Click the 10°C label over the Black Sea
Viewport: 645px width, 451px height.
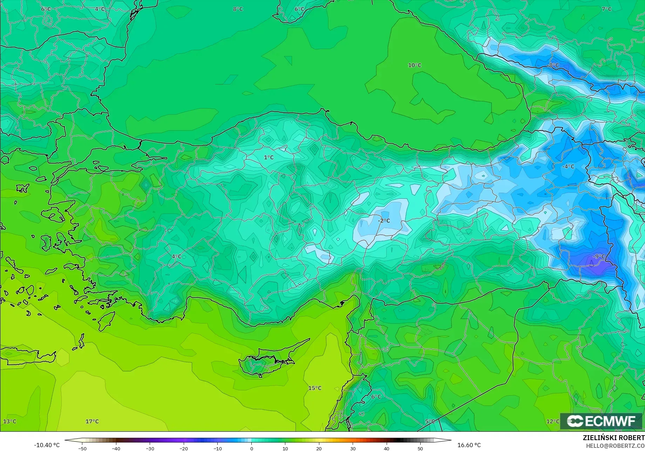[414, 65]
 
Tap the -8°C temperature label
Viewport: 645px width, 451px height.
[553, 65]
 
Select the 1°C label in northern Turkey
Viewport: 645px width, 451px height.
[269, 157]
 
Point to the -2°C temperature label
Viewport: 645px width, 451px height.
[384, 220]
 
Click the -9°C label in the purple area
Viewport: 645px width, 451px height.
[599, 257]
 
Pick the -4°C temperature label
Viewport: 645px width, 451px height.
[568, 166]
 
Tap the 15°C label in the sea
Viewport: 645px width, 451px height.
[315, 388]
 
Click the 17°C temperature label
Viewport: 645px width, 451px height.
[92, 421]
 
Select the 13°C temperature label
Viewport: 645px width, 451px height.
[10, 421]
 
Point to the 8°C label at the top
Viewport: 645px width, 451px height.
[238, 9]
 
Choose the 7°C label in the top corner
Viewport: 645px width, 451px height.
[606, 9]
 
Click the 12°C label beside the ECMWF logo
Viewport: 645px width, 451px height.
[553, 421]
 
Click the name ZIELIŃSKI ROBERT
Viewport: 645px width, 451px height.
[613, 438]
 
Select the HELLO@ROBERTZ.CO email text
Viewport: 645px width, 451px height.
[615, 445]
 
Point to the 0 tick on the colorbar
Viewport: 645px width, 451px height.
[251, 448]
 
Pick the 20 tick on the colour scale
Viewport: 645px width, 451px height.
[319, 448]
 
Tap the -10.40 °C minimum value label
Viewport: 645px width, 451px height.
[47, 445]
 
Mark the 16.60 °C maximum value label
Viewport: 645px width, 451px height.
[469, 445]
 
